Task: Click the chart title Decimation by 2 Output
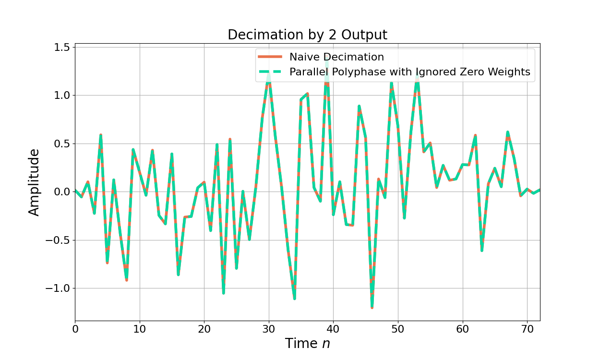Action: [x=307, y=35]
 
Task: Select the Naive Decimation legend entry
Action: [x=336, y=57]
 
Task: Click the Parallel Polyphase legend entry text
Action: [x=409, y=72]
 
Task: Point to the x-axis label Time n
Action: [x=307, y=344]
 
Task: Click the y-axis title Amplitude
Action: [x=34, y=182]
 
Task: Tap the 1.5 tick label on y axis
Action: [x=61, y=48]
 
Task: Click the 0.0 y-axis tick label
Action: [x=61, y=192]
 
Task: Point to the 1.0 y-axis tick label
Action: [x=61, y=96]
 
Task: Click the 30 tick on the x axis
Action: [x=269, y=329]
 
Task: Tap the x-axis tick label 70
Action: [x=527, y=329]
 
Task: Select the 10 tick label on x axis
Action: [x=140, y=329]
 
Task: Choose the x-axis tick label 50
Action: [x=398, y=329]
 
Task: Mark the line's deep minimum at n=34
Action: [x=294, y=299]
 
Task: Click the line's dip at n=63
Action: [x=482, y=250]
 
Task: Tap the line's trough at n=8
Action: [x=127, y=280]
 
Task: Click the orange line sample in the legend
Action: [x=270, y=57]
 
